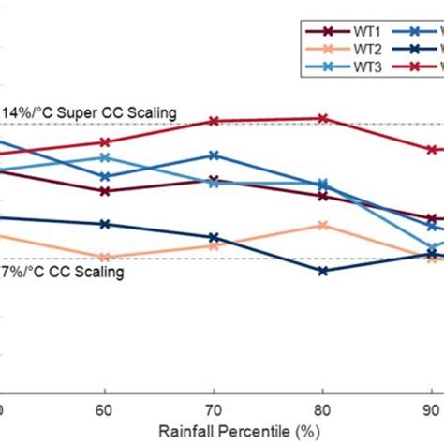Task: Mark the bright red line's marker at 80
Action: [323, 118]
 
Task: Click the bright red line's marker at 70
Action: [214, 121]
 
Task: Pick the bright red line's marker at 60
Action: [104, 142]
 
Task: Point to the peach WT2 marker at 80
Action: [323, 225]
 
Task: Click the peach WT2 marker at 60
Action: [104, 257]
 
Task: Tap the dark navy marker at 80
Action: [323, 271]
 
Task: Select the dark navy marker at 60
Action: [104, 224]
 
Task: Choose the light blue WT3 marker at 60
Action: [104, 157]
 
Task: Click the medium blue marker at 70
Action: [214, 155]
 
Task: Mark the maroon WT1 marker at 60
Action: [104, 191]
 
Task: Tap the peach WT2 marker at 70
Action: [214, 245]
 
